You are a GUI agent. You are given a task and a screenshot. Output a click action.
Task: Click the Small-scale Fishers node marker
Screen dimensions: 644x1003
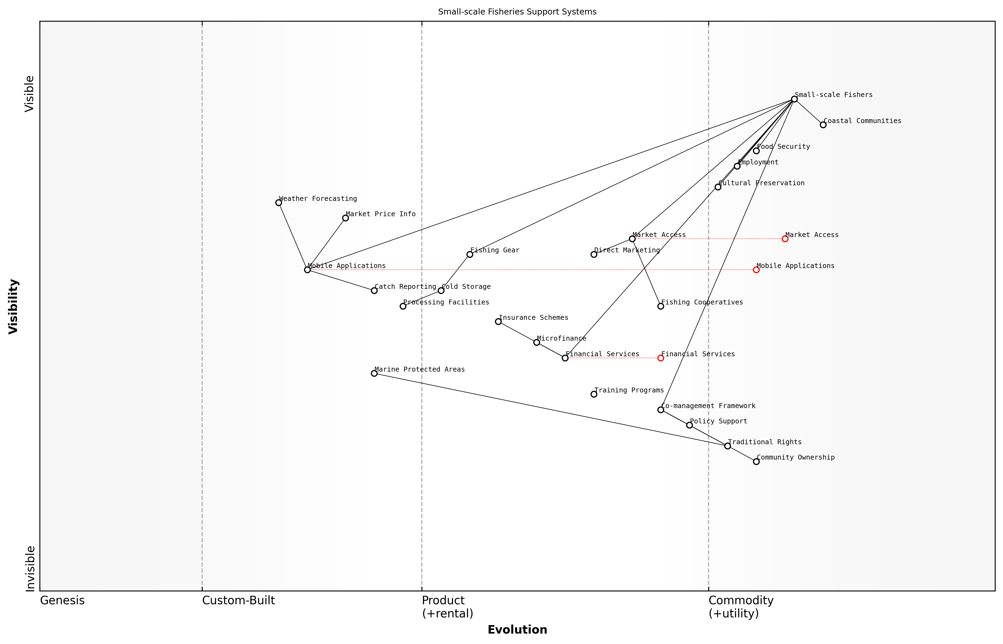pyautogui.click(x=794, y=99)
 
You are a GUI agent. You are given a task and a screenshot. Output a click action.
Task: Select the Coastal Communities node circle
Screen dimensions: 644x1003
pyautogui.click(x=823, y=125)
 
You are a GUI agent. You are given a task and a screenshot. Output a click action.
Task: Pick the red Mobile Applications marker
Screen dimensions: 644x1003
pyautogui.click(x=756, y=270)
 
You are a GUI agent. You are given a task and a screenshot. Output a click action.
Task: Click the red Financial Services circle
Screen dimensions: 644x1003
pyautogui.click(x=661, y=358)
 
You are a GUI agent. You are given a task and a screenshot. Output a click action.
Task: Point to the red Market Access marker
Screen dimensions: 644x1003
pyautogui.click(x=785, y=239)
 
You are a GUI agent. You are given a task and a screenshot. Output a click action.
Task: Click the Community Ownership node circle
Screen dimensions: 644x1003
pyautogui.click(x=756, y=462)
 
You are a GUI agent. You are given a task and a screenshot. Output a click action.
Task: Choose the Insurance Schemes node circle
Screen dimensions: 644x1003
pyautogui.click(x=498, y=321)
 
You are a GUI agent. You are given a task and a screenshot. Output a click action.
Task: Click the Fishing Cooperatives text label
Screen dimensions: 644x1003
pyautogui.click(x=702, y=302)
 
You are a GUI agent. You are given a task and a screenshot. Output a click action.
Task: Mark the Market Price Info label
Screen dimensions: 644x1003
pyautogui.click(x=381, y=214)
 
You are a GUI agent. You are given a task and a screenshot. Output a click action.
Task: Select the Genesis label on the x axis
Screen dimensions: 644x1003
pyautogui.click(x=62, y=600)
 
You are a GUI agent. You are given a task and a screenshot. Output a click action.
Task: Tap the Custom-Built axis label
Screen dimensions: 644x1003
pyautogui.click(x=239, y=600)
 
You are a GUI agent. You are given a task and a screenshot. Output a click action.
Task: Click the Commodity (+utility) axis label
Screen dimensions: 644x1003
pyautogui.click(x=741, y=607)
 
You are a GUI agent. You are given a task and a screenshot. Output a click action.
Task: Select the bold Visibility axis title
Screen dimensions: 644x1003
pyautogui.click(x=13, y=307)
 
